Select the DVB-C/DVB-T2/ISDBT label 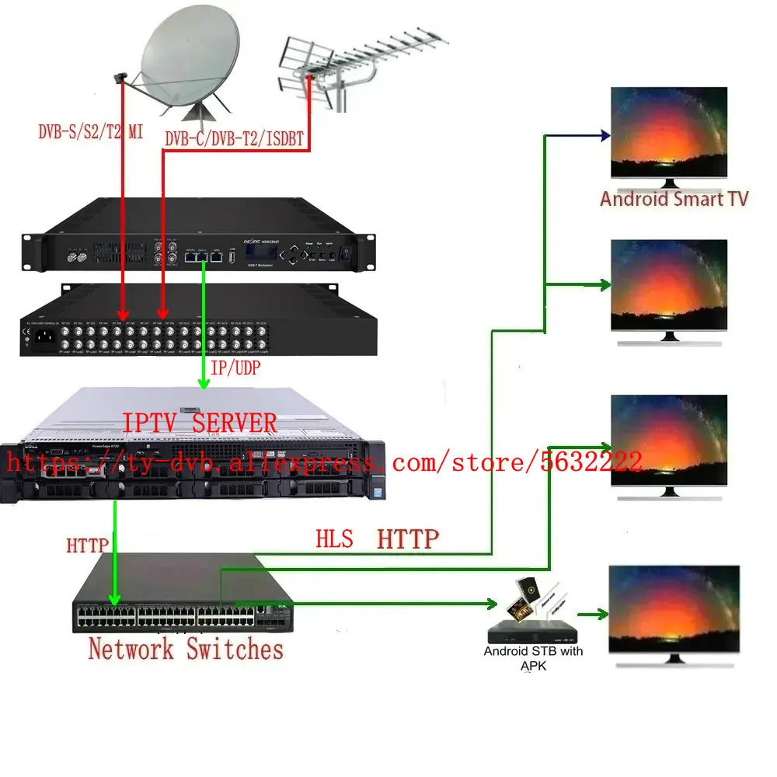click(234, 139)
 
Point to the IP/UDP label click(233, 368)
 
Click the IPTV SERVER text click(199, 423)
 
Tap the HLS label click(334, 538)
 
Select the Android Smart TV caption click(674, 198)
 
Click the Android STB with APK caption click(533, 657)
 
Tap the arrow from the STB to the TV click(595, 614)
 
